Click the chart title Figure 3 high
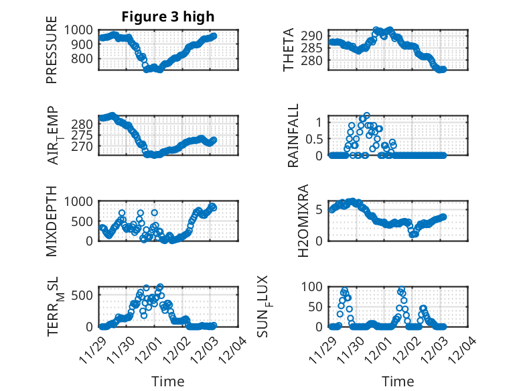(168, 16)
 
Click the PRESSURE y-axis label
(52, 54)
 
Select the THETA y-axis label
(289, 50)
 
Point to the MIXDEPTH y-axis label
(52, 221)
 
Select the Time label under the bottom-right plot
(398, 382)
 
